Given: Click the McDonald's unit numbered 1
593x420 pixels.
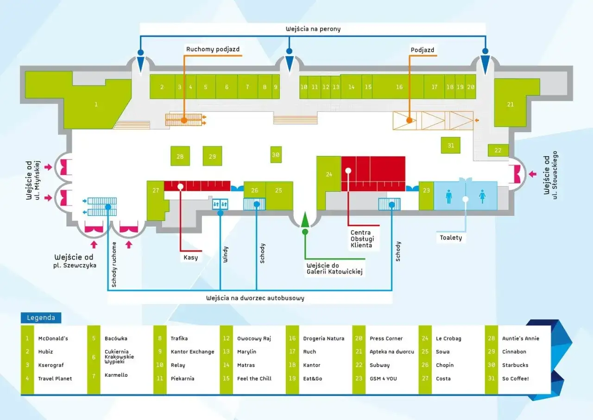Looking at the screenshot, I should pyautogui.click(x=96, y=104).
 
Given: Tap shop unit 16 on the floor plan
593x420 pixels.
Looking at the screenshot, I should pyautogui.click(x=399, y=87).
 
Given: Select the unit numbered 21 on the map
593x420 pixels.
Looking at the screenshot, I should pyautogui.click(x=510, y=104).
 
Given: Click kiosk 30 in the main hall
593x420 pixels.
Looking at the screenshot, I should pyautogui.click(x=276, y=155).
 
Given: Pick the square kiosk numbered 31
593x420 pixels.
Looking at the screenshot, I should pyautogui.click(x=451, y=145).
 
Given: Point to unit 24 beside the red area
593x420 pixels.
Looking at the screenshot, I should pyautogui.click(x=329, y=175).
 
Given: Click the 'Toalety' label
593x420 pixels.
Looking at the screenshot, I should pyautogui.click(x=451, y=238).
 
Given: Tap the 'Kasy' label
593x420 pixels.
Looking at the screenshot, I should pyautogui.click(x=190, y=257).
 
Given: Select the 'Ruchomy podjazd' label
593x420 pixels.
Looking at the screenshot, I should pyautogui.click(x=213, y=49).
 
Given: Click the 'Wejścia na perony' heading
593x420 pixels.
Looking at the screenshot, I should pyautogui.click(x=313, y=29).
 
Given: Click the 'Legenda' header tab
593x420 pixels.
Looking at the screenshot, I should pyautogui.click(x=41, y=318).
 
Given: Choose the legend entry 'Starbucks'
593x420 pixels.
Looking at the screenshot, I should pyautogui.click(x=515, y=365).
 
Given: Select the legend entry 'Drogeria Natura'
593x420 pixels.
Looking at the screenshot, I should pyautogui.click(x=323, y=338).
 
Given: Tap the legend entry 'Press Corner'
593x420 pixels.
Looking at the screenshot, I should pyautogui.click(x=386, y=338).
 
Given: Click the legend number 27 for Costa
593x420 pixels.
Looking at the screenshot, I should pyautogui.click(x=425, y=379).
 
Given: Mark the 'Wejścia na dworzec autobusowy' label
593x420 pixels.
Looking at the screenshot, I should pyautogui.click(x=255, y=298).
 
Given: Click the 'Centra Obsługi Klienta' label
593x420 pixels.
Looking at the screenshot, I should pyautogui.click(x=361, y=239).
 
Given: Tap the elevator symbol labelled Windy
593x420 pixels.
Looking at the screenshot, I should pyautogui.click(x=220, y=204).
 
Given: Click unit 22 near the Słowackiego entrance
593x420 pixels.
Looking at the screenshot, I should pyautogui.click(x=498, y=150).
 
